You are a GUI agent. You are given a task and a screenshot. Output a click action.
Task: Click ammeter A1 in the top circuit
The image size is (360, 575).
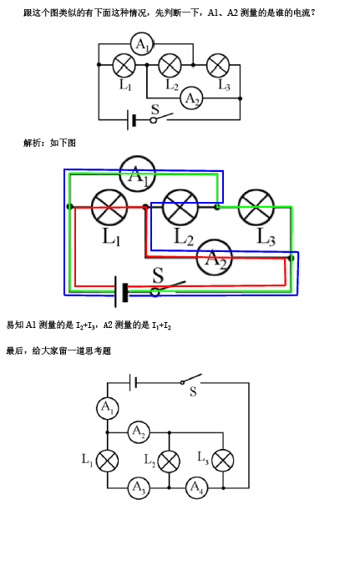142,44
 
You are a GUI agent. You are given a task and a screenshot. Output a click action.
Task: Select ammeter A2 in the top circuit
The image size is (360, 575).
191,98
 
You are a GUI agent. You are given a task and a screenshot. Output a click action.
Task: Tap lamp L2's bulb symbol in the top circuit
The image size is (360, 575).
170,65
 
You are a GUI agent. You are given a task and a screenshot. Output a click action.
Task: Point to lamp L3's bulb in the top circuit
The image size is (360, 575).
218,65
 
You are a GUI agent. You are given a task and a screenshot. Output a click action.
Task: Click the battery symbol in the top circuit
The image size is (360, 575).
132,119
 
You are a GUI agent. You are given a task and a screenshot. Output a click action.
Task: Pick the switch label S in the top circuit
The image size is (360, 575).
155,109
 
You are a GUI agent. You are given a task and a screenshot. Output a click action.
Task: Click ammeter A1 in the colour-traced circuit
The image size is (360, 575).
138,174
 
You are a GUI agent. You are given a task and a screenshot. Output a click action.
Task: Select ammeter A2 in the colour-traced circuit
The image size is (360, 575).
215,258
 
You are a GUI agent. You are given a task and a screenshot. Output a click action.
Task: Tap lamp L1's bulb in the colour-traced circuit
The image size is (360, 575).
109,208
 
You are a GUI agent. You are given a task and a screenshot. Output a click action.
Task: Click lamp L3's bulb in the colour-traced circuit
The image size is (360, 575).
256,208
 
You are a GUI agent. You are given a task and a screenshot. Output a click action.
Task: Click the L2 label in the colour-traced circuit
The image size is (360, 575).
184,236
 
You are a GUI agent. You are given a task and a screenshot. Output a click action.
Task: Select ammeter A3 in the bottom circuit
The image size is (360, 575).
139,487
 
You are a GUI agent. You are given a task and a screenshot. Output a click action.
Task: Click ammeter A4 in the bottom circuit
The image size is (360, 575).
196,487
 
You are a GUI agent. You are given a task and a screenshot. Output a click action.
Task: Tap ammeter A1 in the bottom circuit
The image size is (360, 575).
108,408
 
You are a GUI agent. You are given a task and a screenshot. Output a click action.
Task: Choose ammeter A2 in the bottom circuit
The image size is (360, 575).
139,432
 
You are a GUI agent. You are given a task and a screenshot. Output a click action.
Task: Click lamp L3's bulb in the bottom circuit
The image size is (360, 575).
223,460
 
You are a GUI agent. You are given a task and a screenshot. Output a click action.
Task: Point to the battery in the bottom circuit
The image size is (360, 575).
133,383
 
